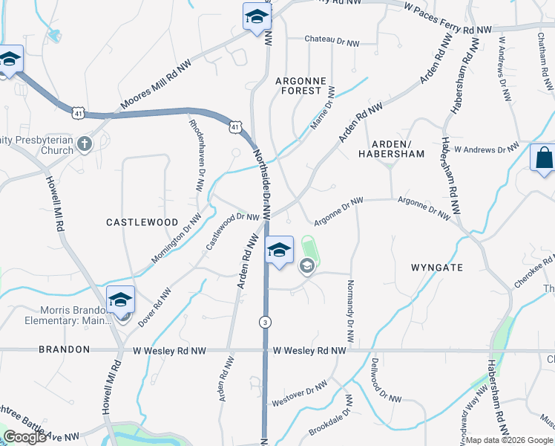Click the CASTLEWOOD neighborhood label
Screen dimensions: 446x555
[142, 222]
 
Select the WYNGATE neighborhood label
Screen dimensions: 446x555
[436, 267]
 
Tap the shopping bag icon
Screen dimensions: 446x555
[543, 158]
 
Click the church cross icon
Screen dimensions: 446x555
[85, 142]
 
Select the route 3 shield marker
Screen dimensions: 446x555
[264, 322]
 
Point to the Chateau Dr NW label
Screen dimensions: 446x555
[331, 39]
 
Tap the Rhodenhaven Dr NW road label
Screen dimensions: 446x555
[195, 156]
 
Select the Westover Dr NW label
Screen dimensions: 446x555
[300, 394]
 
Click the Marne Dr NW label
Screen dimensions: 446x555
[323, 109]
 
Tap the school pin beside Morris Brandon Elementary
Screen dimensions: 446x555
[120, 301]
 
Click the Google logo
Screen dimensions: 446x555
[24, 437]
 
